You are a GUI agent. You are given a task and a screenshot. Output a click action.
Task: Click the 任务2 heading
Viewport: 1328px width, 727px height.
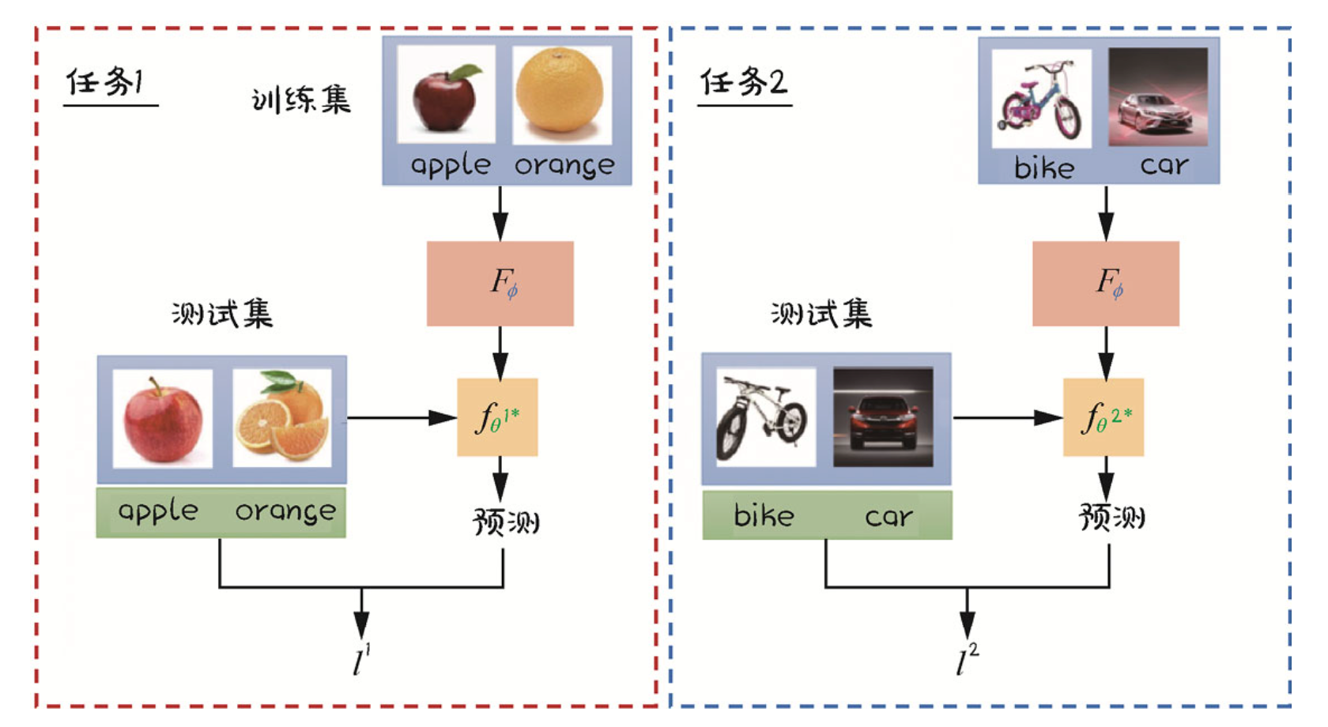point(743,81)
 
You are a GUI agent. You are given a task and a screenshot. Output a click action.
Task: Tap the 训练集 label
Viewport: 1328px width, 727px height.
point(300,100)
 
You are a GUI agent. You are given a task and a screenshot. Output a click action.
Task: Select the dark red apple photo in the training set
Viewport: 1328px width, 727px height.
point(446,95)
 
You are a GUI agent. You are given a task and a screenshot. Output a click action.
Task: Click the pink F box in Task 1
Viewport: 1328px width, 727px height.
point(500,283)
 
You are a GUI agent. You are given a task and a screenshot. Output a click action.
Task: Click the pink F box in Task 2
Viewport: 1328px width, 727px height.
point(1105,283)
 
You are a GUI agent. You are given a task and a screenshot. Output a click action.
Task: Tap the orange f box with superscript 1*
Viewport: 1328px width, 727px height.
point(497,417)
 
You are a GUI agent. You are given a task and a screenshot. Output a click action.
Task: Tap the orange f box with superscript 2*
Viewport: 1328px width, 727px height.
point(1103,417)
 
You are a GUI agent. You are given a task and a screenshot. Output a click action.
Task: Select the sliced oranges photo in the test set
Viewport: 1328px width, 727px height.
point(282,418)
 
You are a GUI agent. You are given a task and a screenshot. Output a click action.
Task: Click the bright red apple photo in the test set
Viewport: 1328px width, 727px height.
point(163,418)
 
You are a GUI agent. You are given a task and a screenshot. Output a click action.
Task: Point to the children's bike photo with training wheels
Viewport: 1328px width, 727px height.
point(1041,99)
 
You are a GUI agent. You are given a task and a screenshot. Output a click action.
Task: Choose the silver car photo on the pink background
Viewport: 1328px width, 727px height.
point(1157,97)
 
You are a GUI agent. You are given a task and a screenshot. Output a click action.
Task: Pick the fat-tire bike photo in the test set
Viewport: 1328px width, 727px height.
point(765,416)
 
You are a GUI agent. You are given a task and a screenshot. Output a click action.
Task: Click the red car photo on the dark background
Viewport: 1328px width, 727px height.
point(883,416)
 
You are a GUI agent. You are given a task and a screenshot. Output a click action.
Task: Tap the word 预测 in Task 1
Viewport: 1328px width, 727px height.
point(506,522)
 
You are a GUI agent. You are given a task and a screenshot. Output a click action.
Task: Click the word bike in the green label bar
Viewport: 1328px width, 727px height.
point(764,516)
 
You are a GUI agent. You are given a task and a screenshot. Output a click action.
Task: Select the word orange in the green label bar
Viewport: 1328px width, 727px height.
point(285,511)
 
